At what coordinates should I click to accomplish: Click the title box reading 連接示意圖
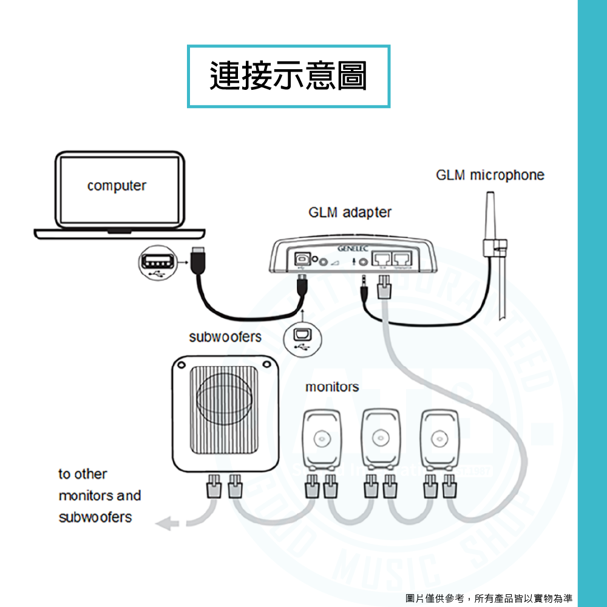click(x=288, y=76)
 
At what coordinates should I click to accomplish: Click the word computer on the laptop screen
click(x=117, y=186)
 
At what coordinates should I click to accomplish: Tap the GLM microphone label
click(x=490, y=175)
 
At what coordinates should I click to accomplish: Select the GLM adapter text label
click(x=350, y=213)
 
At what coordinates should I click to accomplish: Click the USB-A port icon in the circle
click(x=155, y=264)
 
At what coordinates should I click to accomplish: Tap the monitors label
click(x=331, y=387)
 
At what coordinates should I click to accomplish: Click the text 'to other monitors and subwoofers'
click(x=100, y=495)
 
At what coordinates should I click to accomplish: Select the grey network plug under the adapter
click(x=385, y=285)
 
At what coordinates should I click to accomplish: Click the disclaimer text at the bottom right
click(x=489, y=598)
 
